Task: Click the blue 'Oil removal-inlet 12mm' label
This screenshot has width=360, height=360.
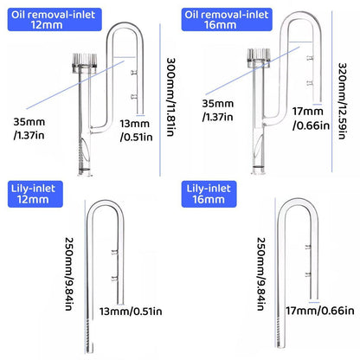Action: pyautogui.click(x=55, y=19)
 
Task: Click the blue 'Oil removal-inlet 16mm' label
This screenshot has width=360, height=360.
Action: pyautogui.click(x=227, y=19)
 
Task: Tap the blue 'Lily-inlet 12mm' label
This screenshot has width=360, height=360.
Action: pyautogui.click(x=35, y=194)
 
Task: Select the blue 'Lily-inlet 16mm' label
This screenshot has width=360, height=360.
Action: pyautogui.click(x=209, y=194)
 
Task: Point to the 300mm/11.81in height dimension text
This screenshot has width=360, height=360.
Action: pyautogui.click(x=171, y=97)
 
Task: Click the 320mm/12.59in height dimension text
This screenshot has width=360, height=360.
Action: pyautogui.click(x=342, y=100)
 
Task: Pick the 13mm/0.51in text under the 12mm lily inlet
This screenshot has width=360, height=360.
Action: pyautogui.click(x=131, y=312)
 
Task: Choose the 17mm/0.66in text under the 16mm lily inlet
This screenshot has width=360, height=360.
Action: pyautogui.click(x=320, y=311)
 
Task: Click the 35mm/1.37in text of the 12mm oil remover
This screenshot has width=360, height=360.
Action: pyautogui.click(x=29, y=128)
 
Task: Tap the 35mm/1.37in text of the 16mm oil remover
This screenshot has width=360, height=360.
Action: pyautogui.click(x=218, y=110)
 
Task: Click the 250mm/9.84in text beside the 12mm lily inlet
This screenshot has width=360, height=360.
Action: pyautogui.click(x=69, y=273)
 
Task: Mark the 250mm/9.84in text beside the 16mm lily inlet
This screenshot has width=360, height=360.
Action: pyautogui.click(x=261, y=273)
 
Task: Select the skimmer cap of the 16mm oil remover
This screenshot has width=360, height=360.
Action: pyautogui.click(x=259, y=57)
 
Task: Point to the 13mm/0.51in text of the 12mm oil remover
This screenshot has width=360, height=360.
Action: pyautogui.click(x=136, y=131)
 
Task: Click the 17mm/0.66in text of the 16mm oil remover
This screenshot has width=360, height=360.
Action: pyautogui.click(x=311, y=119)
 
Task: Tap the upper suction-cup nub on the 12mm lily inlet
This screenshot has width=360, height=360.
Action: pyautogui.click(x=115, y=253)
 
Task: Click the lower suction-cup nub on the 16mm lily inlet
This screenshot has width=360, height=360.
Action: pyautogui.click(x=308, y=274)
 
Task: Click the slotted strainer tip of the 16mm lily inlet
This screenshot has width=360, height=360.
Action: pyautogui.click(x=280, y=331)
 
